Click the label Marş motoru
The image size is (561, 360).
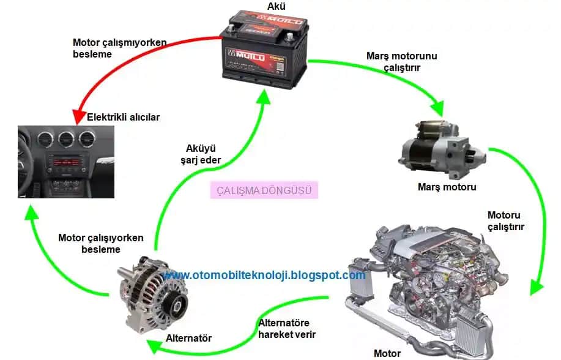[447, 187]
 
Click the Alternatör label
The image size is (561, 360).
[188, 338]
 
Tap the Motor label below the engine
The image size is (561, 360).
[387, 353]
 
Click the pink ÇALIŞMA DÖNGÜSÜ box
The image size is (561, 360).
[264, 190]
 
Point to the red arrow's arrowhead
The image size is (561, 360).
[78, 117]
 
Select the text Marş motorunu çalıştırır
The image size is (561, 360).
[401, 62]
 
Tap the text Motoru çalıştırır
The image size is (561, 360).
[505, 221]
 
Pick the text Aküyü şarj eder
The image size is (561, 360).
[203, 154]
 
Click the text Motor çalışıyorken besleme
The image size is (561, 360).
[101, 243]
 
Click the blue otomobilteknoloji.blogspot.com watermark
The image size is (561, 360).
[264, 276]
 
